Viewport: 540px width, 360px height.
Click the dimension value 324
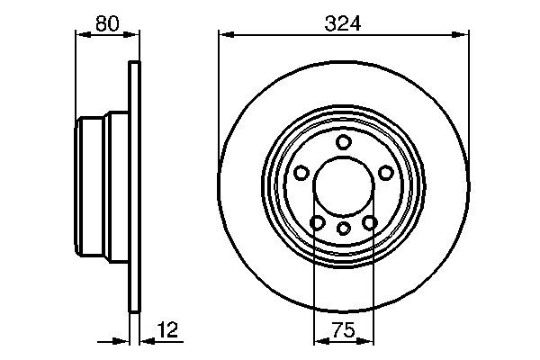point(343,23)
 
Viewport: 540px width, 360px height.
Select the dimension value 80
point(107,23)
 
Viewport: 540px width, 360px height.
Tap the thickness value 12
point(167,330)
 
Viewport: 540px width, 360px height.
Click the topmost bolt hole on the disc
point(343,142)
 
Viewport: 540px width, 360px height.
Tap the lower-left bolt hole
point(317,223)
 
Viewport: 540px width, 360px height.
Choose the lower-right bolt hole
point(369,223)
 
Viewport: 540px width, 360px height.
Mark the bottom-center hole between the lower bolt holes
point(343,229)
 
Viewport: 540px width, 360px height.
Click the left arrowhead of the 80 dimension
point(80,35)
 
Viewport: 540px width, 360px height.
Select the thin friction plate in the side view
point(135,187)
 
